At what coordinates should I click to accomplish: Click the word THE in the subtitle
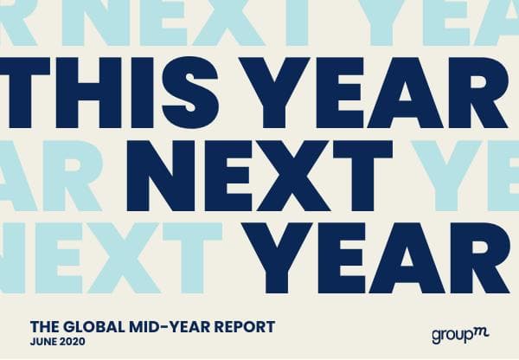pos(45,327)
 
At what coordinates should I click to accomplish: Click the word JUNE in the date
pos(42,341)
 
